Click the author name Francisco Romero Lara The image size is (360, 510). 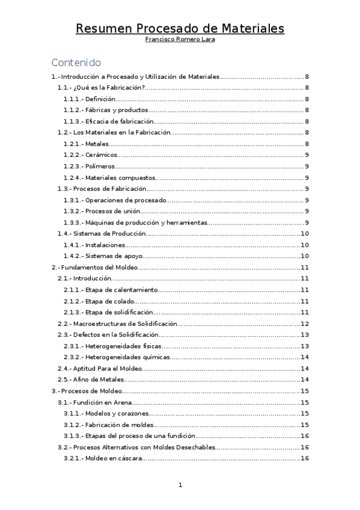[x=180, y=40]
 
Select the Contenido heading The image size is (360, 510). [x=76, y=63]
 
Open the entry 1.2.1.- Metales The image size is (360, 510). [x=86, y=144]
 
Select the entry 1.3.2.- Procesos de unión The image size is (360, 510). [x=102, y=211]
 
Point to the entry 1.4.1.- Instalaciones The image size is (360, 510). [x=94, y=245]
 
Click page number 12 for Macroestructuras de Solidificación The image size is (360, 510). [x=305, y=324]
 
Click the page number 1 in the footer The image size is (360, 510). [x=180, y=485]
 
